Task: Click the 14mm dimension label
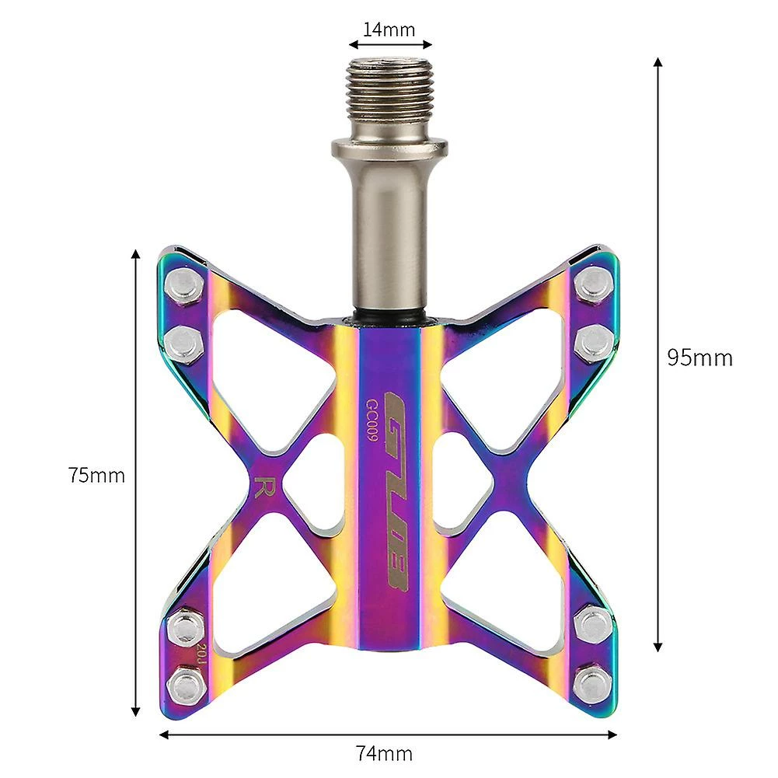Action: pos(389,30)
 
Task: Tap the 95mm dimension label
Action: pos(700,358)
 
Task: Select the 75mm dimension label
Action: pos(96,475)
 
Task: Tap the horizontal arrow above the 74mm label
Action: pos(388,732)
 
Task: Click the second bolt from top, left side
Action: pos(184,339)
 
